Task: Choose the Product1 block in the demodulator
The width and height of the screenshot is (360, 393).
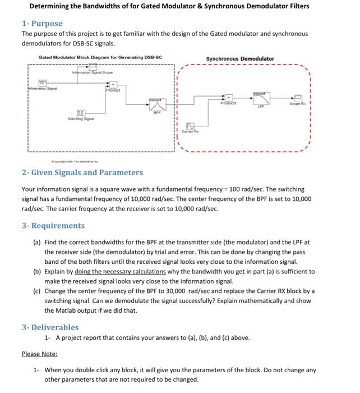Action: coord(228,98)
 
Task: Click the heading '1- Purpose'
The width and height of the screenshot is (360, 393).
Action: coord(42,24)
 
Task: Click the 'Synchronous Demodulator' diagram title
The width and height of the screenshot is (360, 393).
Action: coord(240,58)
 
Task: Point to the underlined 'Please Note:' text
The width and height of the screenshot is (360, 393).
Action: coord(39,354)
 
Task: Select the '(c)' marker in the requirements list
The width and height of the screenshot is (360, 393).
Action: coord(36,291)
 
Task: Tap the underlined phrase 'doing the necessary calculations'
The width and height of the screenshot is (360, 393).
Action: coord(120,271)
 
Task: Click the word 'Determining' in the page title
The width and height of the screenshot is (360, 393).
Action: coord(52,6)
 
